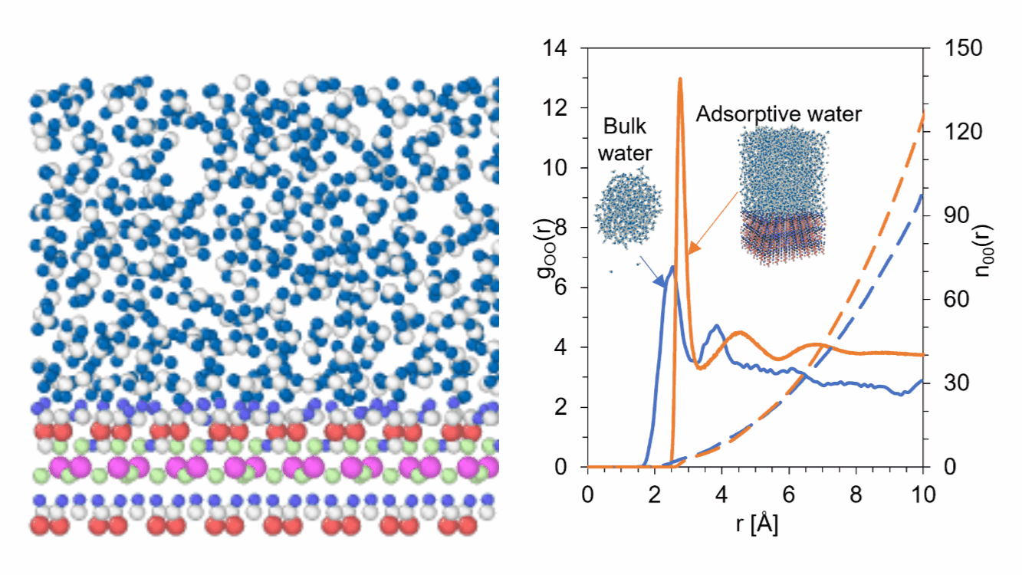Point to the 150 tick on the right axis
(x=949, y=48)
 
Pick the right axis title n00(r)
(x=994, y=257)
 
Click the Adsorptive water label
(x=779, y=115)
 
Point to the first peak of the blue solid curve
(x=672, y=267)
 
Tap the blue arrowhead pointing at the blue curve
(x=659, y=284)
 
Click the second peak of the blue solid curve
(x=717, y=326)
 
